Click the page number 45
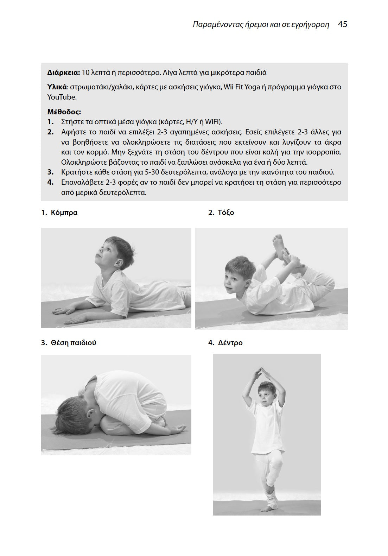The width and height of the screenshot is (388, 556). pos(342,24)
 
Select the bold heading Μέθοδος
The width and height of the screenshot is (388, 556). pos(64,112)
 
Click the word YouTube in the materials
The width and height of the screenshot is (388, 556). pos(62,97)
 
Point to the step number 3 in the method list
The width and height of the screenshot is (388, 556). pos(51,172)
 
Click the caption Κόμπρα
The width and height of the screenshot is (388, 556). pos(64,213)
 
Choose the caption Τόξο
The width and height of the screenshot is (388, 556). pos(225,213)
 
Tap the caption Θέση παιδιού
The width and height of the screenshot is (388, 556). pos(73,343)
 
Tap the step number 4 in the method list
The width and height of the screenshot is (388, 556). pos(51,182)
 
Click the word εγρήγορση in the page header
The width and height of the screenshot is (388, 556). pos(310,25)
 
